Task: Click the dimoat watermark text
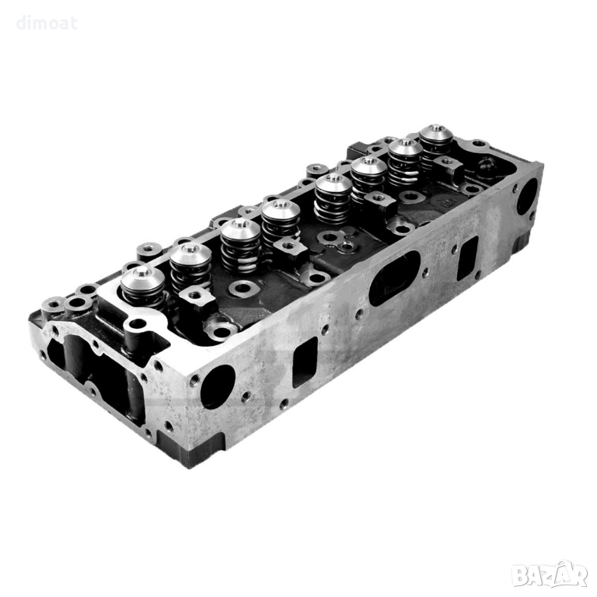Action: [x=47, y=23]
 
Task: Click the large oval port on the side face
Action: [x=394, y=278]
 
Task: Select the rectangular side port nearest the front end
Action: [x=305, y=362]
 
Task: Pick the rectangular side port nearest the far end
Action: [x=467, y=259]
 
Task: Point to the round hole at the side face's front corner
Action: [x=218, y=387]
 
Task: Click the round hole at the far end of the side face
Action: [x=527, y=196]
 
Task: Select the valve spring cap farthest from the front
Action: [x=436, y=134]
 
